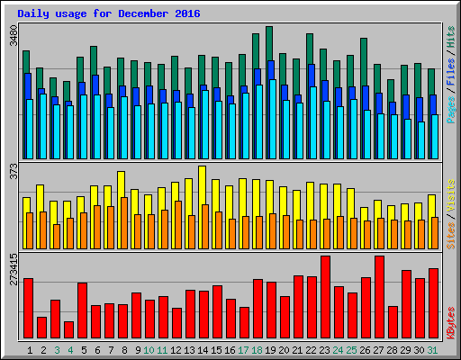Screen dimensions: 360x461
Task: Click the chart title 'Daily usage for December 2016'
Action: pyautogui.click(x=109, y=14)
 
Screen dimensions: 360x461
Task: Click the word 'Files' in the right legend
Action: pyautogui.click(x=450, y=72)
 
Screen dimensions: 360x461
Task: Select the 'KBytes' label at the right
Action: pyautogui.click(x=450, y=321)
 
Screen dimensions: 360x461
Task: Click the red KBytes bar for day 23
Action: pyautogui.click(x=325, y=297)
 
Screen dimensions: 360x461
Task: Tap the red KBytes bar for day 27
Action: pyautogui.click(x=379, y=297)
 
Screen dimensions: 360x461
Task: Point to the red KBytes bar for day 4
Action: pyautogui.click(x=68, y=329)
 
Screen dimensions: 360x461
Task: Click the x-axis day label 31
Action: pyautogui.click(x=433, y=349)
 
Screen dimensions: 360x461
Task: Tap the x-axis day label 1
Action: pyautogui.click(x=30, y=349)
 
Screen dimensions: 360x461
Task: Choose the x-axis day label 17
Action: pyautogui.click(x=244, y=349)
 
